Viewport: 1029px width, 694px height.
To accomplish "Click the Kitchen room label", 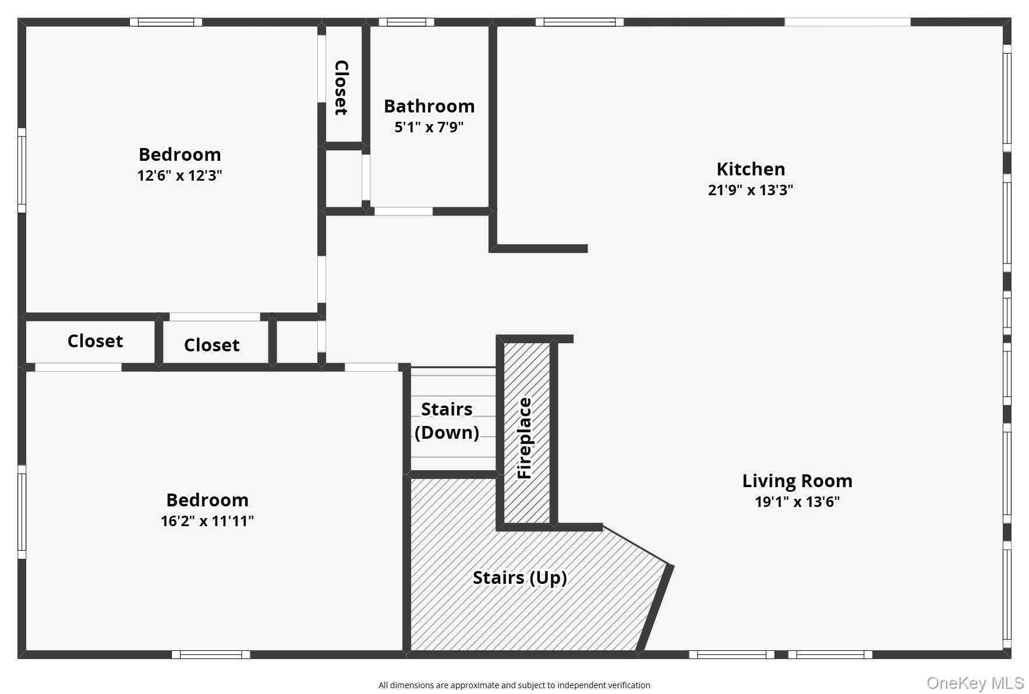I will click(750, 169).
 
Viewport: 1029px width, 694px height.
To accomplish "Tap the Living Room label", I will click(797, 481).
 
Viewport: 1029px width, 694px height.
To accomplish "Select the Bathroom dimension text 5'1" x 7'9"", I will click(429, 127).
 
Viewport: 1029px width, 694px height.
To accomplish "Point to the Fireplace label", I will click(525, 438).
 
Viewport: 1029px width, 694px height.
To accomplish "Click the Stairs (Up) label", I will click(519, 577).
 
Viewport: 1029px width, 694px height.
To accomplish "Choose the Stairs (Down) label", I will click(447, 421).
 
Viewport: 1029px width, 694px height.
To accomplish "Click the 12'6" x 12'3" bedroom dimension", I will click(179, 175).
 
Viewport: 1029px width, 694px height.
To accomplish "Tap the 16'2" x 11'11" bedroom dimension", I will click(207, 521).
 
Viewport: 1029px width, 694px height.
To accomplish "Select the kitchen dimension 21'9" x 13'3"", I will click(750, 190).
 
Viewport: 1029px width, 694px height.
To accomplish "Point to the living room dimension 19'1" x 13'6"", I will click(797, 502).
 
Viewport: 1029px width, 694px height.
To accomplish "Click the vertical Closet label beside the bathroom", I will click(341, 87).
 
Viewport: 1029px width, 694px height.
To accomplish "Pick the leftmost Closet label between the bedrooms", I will click(95, 341).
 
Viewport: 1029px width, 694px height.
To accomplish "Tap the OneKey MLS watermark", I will click(975, 683).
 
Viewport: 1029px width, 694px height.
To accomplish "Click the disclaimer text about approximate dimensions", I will click(514, 685).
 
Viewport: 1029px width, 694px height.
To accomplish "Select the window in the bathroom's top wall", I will click(406, 22).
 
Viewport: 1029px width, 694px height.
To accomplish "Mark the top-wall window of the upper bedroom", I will click(166, 22).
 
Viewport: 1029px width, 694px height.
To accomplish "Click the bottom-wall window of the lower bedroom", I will click(211, 654).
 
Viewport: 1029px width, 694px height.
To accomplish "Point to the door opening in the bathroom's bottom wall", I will click(403, 212).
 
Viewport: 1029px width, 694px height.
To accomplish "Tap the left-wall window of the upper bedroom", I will click(22, 170).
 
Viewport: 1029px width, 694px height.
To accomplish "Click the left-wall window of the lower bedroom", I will click(22, 512).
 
